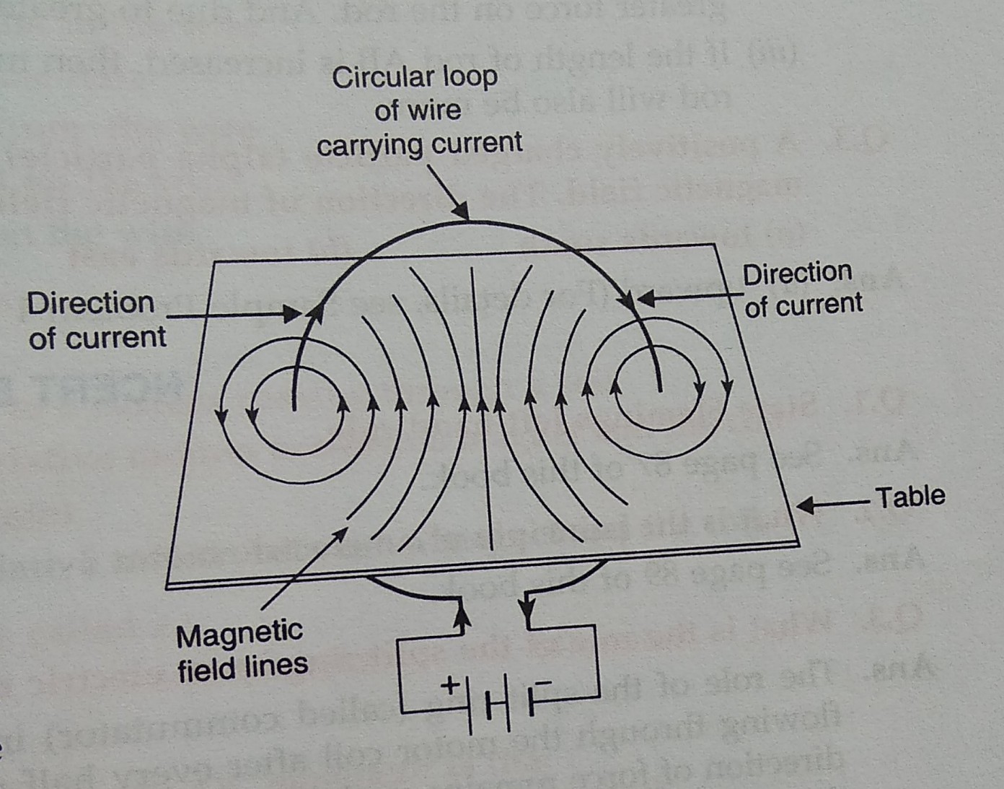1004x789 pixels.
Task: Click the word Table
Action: pos(910,497)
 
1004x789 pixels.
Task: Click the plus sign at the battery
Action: pos(450,684)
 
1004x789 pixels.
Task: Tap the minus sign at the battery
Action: pos(545,681)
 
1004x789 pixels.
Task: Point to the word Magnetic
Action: pos(239,635)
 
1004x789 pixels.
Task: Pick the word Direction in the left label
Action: pos(91,303)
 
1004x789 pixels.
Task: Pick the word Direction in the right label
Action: pos(797,274)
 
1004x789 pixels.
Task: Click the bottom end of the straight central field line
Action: pos(491,549)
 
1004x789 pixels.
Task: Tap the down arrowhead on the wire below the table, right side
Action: pos(528,615)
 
